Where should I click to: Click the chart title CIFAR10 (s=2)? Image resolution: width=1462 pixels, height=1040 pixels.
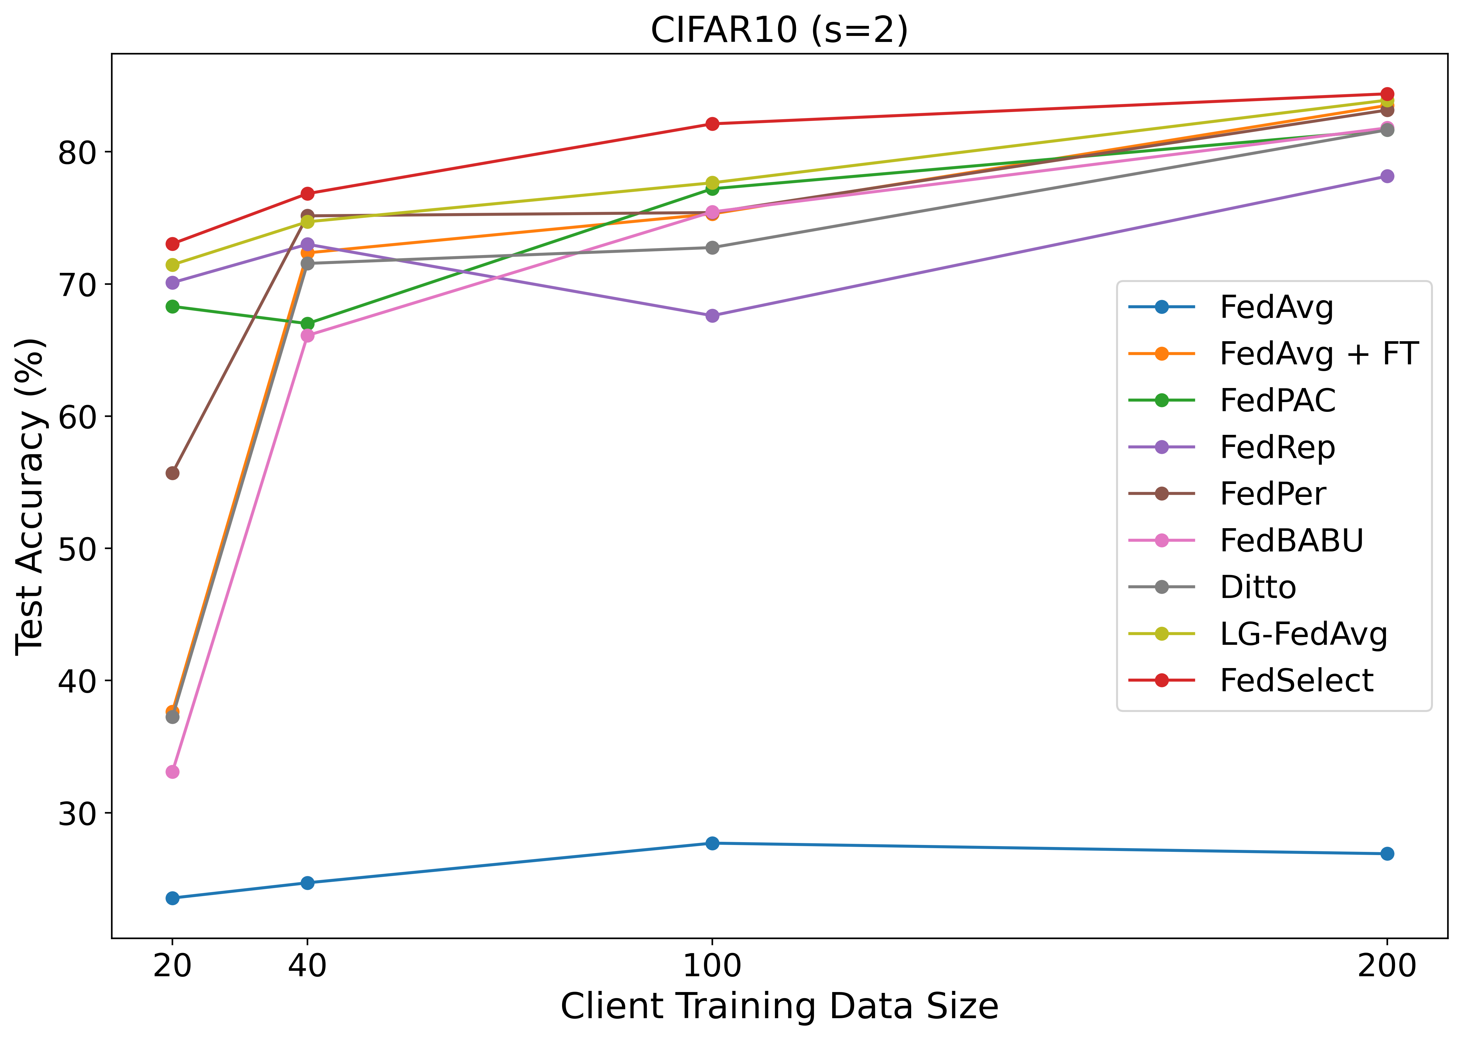point(779,30)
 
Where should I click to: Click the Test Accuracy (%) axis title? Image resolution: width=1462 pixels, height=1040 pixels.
point(31,496)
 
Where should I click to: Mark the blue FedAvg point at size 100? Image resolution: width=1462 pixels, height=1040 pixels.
point(712,843)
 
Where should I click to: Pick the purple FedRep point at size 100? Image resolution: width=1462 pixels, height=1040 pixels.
point(712,316)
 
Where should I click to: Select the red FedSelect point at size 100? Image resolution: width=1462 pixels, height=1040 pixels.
point(712,124)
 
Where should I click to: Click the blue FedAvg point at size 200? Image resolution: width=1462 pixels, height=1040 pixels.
point(1386,854)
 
